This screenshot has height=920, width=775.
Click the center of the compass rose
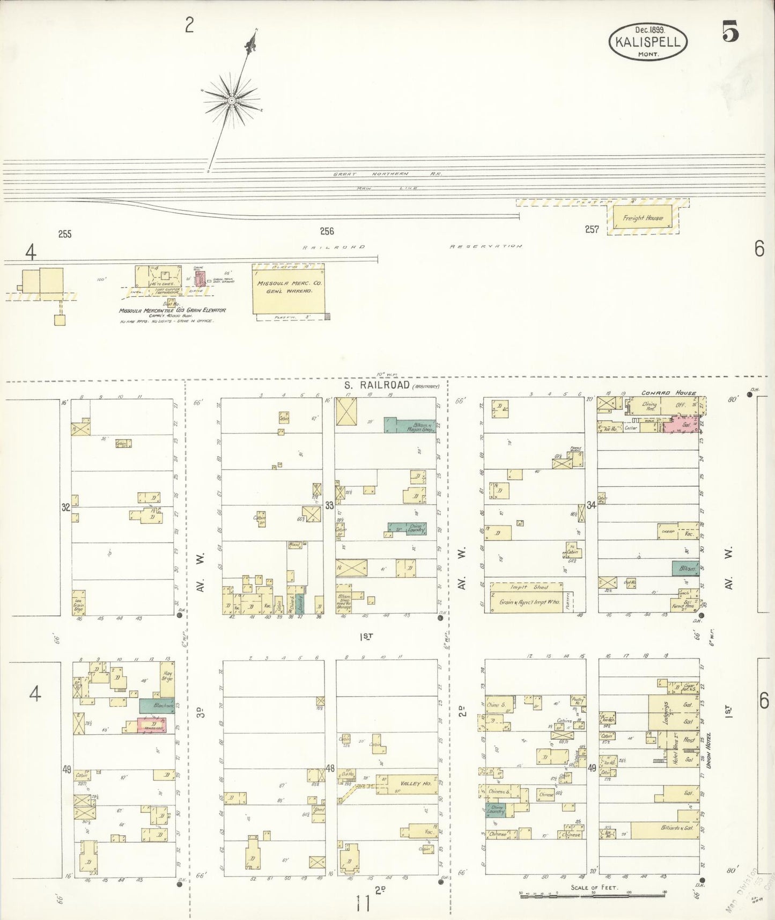pos(232,100)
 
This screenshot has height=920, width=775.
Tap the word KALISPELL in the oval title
pos(648,42)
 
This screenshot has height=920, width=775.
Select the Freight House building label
pos(643,218)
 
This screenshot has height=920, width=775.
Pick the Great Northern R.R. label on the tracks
pos(387,174)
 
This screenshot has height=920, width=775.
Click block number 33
pos(329,505)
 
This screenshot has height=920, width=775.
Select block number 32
pos(65,507)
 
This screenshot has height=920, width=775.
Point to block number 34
pos(591,505)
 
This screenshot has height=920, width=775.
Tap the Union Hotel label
pos(708,750)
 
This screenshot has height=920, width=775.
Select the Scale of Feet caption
pos(594,887)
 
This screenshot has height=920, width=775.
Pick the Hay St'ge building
pos(167,676)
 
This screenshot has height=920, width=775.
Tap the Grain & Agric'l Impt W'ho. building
pos(528,602)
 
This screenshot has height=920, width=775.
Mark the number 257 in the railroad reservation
pos(592,229)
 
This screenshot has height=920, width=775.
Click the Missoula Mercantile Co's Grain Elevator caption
pos(173,310)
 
